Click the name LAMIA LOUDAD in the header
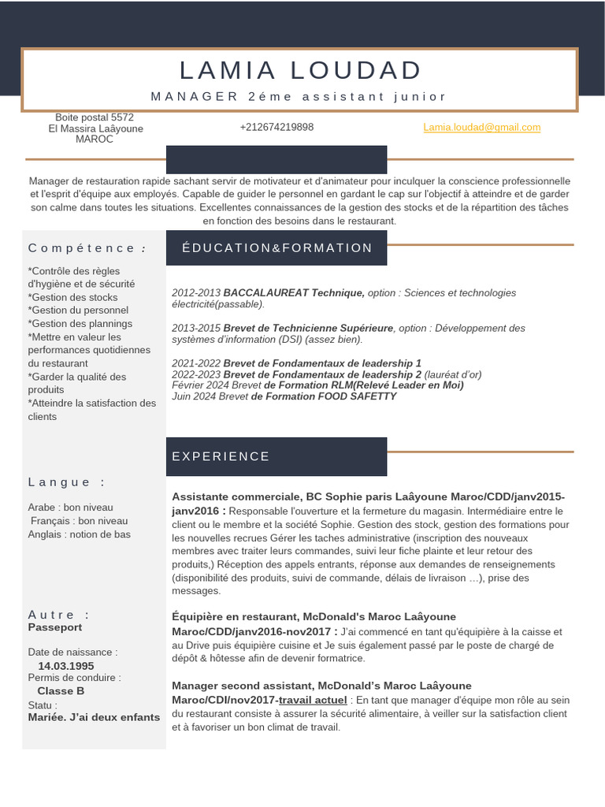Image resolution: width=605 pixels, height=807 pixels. [300, 71]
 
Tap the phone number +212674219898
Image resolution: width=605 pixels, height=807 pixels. [277, 127]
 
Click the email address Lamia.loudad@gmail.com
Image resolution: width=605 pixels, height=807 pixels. [481, 127]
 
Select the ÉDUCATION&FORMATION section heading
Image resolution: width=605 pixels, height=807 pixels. [277, 247]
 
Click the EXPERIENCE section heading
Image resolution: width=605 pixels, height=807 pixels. [221, 456]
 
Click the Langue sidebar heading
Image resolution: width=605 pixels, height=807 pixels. [66, 482]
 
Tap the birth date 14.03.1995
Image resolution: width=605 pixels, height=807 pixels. [65, 666]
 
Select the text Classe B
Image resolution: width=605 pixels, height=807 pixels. [61, 691]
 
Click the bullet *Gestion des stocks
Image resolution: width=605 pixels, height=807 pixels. [72, 297]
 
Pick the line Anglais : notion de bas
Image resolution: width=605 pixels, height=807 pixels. [79, 534]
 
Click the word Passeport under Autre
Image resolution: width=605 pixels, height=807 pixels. [55, 627]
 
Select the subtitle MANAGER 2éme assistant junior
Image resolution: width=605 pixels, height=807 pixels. [299, 96]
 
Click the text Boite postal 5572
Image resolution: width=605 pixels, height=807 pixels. [95, 117]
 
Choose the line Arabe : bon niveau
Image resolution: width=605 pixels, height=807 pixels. [70, 508]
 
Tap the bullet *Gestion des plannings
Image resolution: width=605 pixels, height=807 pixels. [80, 324]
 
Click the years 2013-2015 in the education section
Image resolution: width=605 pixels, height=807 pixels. [196, 328]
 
